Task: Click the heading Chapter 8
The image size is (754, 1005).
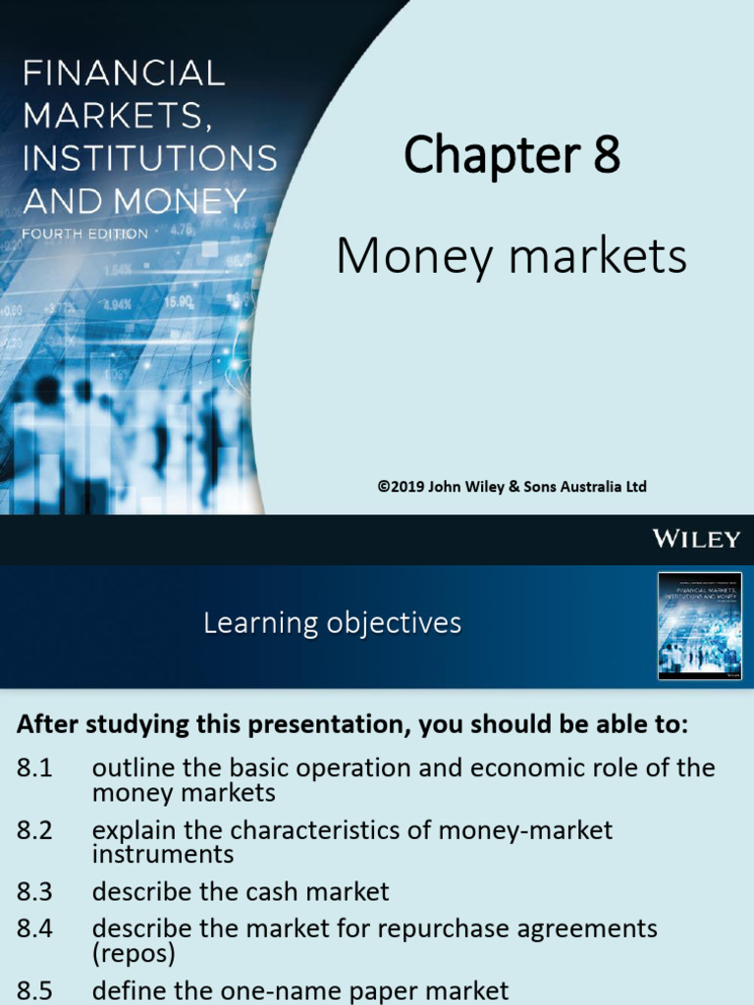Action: click(x=512, y=156)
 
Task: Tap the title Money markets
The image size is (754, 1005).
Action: click(x=511, y=257)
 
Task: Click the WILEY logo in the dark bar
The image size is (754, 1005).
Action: click(x=696, y=538)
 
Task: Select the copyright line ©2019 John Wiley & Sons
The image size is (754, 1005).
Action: click(x=512, y=487)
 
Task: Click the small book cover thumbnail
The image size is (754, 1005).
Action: click(x=699, y=626)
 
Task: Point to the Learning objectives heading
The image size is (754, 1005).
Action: click(x=332, y=623)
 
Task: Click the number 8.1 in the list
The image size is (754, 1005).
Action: click(x=34, y=768)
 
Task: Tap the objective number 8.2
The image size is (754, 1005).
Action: click(x=34, y=830)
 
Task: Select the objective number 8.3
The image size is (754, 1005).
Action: click(x=34, y=891)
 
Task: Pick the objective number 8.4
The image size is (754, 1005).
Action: click(x=34, y=928)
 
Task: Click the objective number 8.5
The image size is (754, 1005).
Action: click(x=34, y=990)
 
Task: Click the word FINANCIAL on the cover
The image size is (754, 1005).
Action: click(x=124, y=74)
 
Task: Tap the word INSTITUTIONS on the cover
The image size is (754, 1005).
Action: click(x=149, y=158)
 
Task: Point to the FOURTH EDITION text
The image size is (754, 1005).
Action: click(x=85, y=235)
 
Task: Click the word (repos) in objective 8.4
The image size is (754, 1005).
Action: click(x=135, y=952)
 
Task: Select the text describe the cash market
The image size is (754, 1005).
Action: click(x=241, y=891)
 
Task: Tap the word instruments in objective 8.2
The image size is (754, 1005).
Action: click(x=163, y=854)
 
